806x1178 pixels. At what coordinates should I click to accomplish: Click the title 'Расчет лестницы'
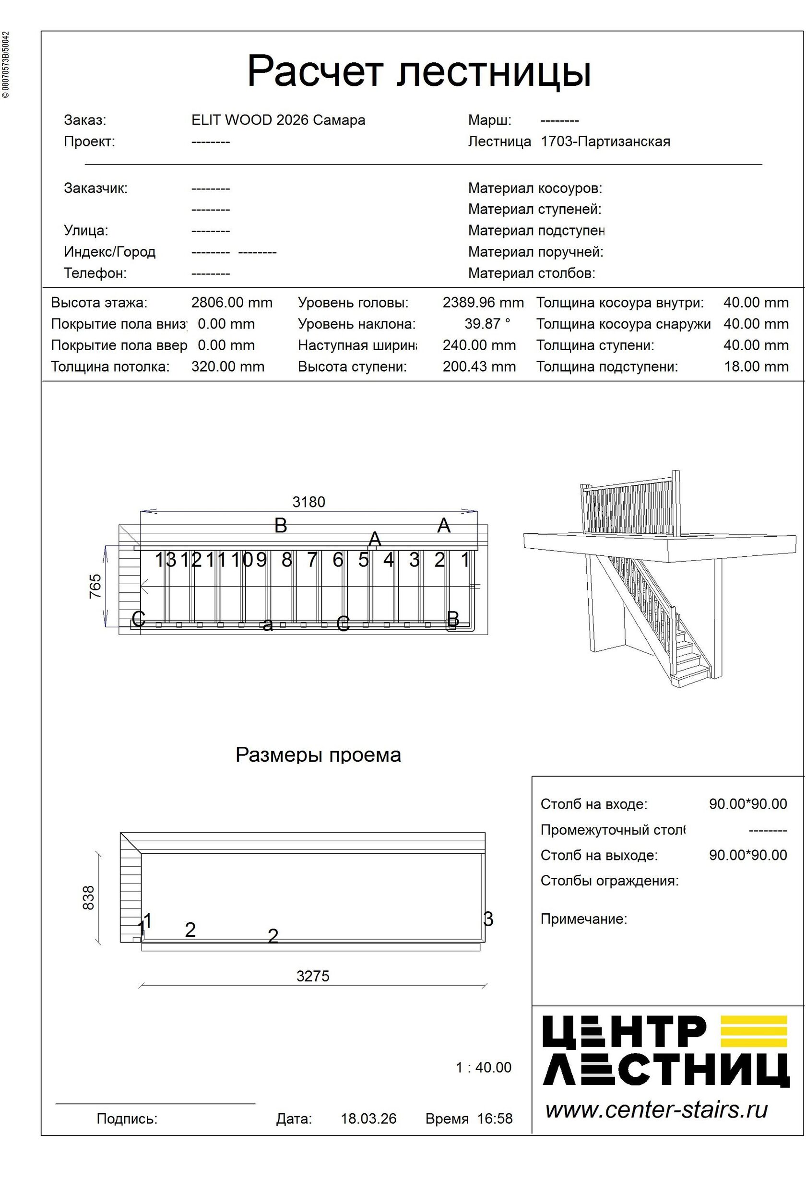pyautogui.click(x=419, y=71)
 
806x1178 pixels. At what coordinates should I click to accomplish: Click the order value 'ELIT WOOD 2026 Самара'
pyautogui.click(x=278, y=120)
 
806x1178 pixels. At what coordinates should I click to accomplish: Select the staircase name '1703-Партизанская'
pyautogui.click(x=605, y=141)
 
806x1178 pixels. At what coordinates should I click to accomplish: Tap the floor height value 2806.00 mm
pyautogui.click(x=232, y=303)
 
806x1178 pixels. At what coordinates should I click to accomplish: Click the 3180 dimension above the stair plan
pyautogui.click(x=308, y=502)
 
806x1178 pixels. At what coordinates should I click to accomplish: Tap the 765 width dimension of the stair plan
pyautogui.click(x=95, y=586)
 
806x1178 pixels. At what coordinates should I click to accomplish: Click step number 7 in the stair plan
pyautogui.click(x=312, y=560)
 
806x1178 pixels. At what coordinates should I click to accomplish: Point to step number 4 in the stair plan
pyautogui.click(x=388, y=560)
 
